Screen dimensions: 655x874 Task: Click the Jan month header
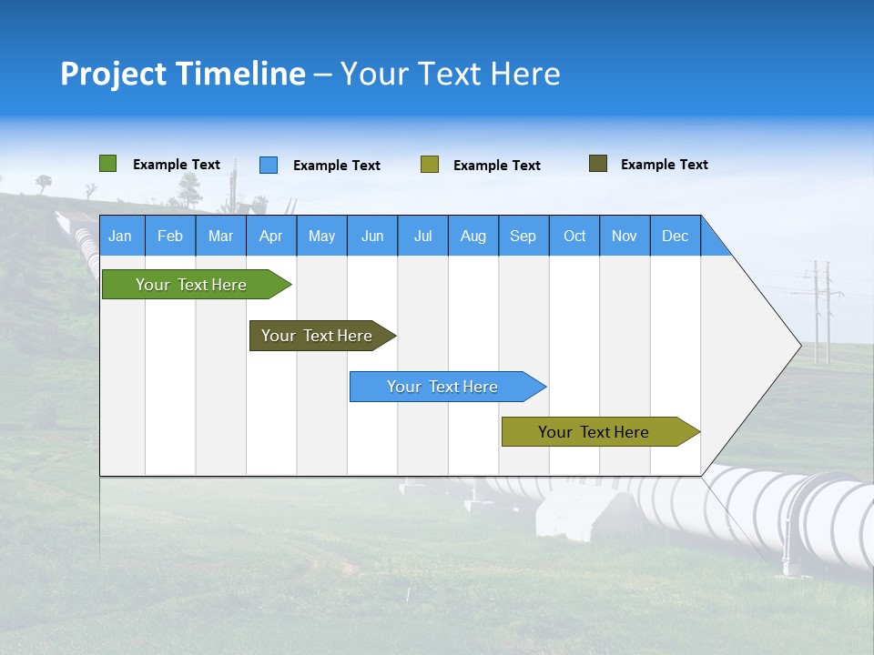coord(120,237)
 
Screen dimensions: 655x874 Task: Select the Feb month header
coord(170,237)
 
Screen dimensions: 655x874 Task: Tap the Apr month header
coord(270,237)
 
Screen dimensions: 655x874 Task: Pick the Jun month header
coord(372,237)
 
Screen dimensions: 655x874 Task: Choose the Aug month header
coord(473,237)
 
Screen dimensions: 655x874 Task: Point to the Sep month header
coord(523,237)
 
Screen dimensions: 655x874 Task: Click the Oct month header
coord(574,237)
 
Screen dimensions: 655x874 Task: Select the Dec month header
coord(675,237)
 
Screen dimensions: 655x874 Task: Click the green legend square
coord(108,164)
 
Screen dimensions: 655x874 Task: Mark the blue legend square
coord(269,165)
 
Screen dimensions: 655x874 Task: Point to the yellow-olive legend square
coord(430,165)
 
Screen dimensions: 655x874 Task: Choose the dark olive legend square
coord(598,164)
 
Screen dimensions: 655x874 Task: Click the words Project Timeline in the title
coord(182,74)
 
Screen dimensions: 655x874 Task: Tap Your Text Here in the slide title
coord(450,74)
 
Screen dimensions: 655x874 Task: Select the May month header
coord(321,237)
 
